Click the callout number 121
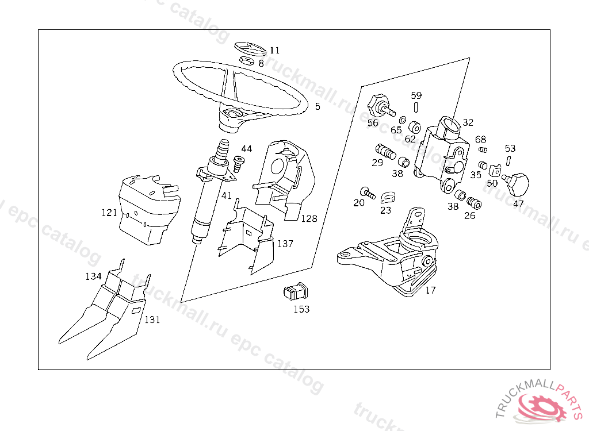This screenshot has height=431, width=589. (x=109, y=213)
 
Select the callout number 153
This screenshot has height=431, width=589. (x=301, y=309)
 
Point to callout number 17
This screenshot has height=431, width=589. (x=430, y=290)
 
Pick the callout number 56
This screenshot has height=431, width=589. (x=373, y=123)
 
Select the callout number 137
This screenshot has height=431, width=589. (x=285, y=244)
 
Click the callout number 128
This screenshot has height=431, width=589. (x=309, y=219)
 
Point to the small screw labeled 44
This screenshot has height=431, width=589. (x=240, y=163)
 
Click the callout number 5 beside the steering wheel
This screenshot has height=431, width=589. (x=318, y=106)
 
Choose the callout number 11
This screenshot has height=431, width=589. (x=275, y=51)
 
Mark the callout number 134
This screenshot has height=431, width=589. (x=93, y=276)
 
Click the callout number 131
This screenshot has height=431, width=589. (x=152, y=320)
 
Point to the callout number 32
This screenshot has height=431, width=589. (x=468, y=122)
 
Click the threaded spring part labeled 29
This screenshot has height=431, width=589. (x=384, y=152)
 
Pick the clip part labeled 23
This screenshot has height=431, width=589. (x=389, y=197)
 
